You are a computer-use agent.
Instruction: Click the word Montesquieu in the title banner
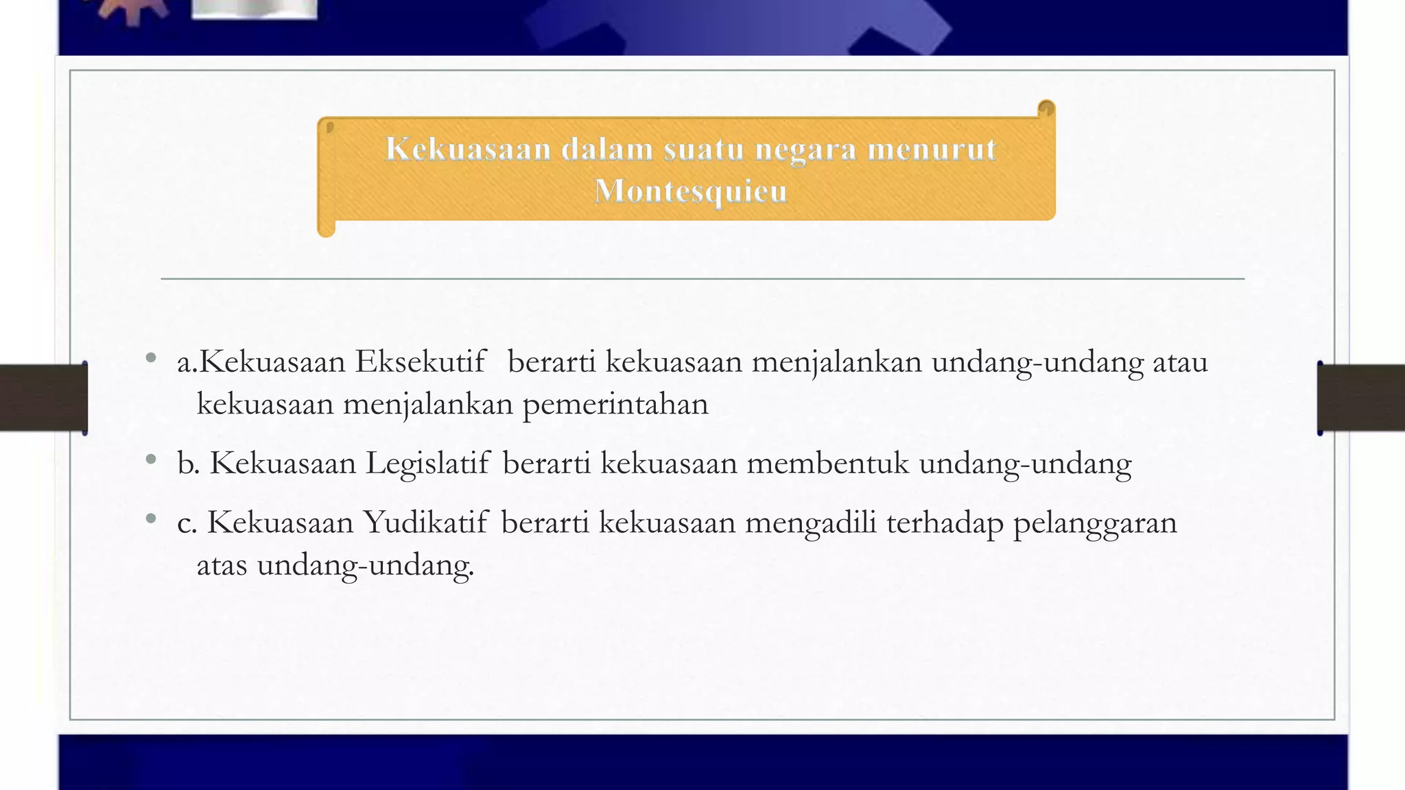point(690,191)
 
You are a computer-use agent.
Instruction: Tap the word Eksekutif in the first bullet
point(420,361)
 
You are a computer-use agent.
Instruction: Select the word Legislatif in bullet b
point(428,463)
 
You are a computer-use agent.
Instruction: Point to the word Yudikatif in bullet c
point(426,523)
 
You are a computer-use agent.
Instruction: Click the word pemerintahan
point(615,404)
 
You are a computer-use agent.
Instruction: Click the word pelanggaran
point(1095,523)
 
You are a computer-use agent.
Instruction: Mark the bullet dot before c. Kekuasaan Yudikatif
point(151,518)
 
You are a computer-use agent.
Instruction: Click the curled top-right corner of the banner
point(1046,109)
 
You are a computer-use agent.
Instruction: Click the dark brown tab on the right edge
point(1361,398)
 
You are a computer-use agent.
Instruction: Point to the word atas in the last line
point(222,565)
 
